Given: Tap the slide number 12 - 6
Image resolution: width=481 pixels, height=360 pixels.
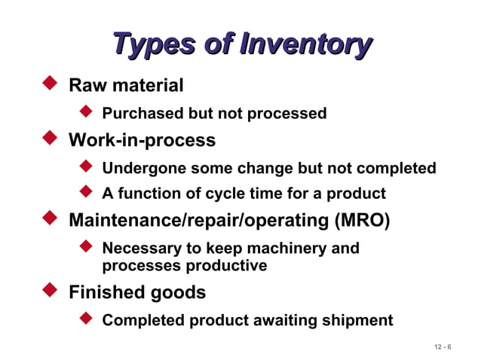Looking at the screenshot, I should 443,346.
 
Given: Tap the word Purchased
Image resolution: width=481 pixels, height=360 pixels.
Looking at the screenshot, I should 142,114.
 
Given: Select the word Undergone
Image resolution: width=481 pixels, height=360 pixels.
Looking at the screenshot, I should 144,168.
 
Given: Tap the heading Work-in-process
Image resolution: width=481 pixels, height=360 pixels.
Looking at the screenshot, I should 142,140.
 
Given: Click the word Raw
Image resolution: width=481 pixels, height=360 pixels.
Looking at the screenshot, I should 86,86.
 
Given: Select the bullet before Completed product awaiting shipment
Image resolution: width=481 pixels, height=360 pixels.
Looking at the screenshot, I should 86,319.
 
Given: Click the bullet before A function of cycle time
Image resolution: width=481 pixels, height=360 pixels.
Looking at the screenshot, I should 86,192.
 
